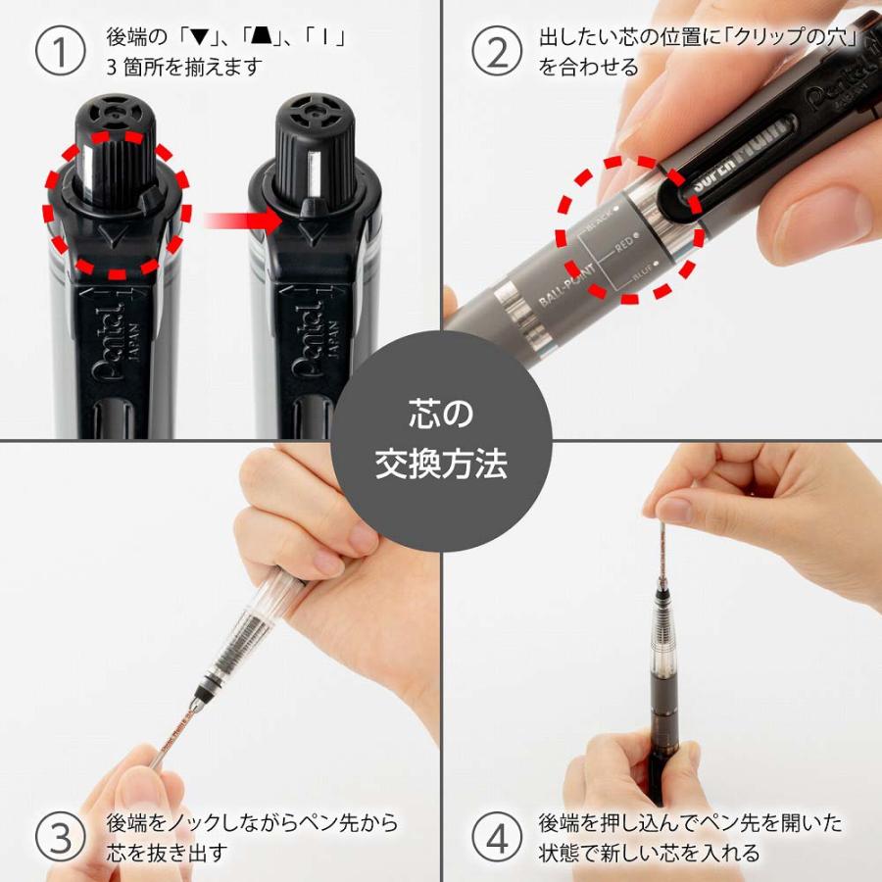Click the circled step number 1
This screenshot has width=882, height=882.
(x=61, y=52)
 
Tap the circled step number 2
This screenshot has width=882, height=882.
(x=497, y=52)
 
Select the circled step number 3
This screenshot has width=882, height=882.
(x=61, y=838)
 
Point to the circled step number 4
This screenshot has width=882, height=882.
(x=497, y=838)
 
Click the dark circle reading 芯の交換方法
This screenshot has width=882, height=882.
(x=441, y=440)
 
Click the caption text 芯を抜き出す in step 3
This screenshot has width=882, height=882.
(x=167, y=852)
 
